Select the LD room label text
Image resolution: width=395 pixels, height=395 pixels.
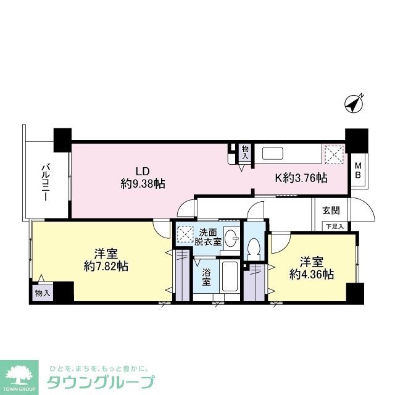pyautogui.click(x=143, y=172)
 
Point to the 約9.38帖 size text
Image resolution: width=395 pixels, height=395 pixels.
pyautogui.click(x=143, y=183)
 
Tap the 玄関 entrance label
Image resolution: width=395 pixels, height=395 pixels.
pyautogui.click(x=330, y=210)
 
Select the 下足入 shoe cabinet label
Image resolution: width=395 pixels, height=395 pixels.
pyautogui.click(x=335, y=226)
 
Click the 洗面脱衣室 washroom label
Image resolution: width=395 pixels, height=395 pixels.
pyautogui.click(x=207, y=238)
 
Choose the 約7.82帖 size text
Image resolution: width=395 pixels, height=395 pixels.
pyautogui.click(x=107, y=266)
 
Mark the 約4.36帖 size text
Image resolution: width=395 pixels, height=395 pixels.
pyautogui.click(x=313, y=275)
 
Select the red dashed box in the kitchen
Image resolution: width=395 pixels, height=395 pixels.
pyautogui.click(x=334, y=153)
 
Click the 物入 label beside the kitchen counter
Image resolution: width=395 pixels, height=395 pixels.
pyautogui.click(x=246, y=152)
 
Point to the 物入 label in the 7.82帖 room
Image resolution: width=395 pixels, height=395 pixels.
pyautogui.click(x=43, y=293)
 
